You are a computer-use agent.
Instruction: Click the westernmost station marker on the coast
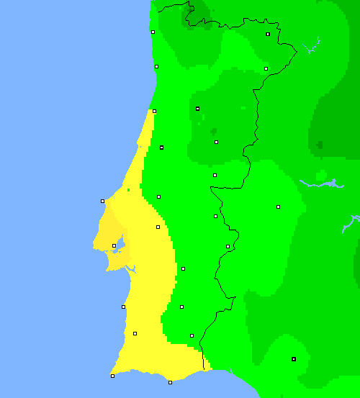click(102, 201)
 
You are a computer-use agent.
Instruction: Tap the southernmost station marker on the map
click(170, 382)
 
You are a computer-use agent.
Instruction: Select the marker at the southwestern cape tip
click(112, 376)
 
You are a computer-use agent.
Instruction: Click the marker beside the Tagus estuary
click(114, 245)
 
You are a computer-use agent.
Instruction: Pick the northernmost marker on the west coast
click(153, 32)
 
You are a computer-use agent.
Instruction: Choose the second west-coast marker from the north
click(156, 66)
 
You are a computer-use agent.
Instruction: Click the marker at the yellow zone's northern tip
click(154, 111)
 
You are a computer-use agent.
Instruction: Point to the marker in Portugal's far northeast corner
click(268, 34)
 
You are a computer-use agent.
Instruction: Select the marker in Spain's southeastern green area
click(293, 358)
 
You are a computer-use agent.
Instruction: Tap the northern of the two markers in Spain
click(278, 207)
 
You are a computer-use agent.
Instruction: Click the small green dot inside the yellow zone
click(128, 190)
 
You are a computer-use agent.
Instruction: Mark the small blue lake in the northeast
click(311, 49)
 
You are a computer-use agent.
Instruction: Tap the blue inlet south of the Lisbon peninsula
click(130, 268)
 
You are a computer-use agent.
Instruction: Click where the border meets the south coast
click(204, 370)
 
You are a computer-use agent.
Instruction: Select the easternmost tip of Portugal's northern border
click(297, 49)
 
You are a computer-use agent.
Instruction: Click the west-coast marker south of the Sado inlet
click(123, 307)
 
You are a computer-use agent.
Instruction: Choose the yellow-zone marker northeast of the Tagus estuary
click(158, 227)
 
